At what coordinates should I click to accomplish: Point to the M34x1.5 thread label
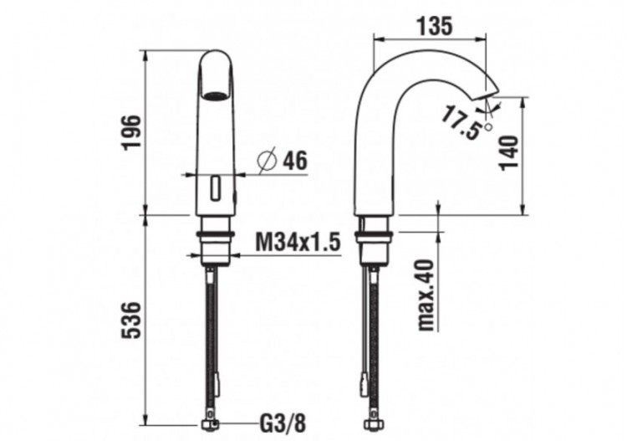click(x=298, y=243)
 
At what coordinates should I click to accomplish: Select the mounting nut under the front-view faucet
click(x=215, y=243)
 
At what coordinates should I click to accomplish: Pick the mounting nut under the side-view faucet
click(x=372, y=242)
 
